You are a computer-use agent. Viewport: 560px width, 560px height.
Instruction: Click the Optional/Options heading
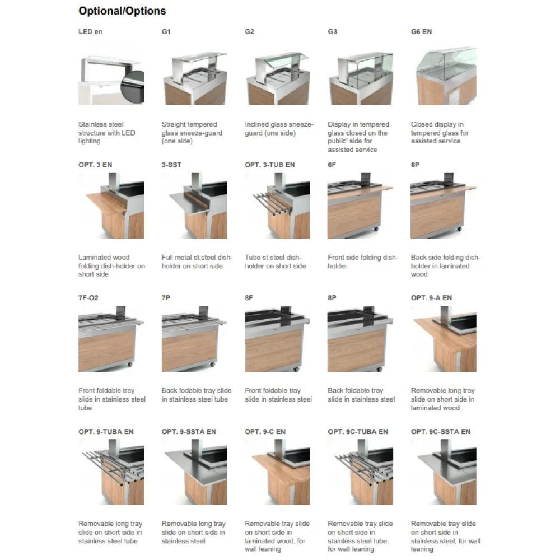[122, 11]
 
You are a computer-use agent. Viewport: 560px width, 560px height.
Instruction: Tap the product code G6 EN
[421, 32]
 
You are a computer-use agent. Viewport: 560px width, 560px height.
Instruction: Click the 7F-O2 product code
[88, 298]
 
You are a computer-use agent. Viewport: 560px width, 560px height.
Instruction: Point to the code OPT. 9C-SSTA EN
[440, 432]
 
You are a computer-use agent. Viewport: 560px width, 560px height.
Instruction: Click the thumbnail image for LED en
[111, 76]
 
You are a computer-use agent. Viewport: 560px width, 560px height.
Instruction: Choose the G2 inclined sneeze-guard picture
[277, 76]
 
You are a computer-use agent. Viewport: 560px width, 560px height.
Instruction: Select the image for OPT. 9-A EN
[443, 338]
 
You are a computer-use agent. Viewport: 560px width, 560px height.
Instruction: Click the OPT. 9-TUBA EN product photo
[111, 472]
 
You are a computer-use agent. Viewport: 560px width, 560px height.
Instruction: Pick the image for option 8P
[360, 338]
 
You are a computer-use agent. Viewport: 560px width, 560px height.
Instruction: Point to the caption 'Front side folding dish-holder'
[362, 262]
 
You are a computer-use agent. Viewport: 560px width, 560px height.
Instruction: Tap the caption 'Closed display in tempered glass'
[440, 133]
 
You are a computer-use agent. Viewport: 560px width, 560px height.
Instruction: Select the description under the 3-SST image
[197, 262]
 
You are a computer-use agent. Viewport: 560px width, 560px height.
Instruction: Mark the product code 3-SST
[171, 165]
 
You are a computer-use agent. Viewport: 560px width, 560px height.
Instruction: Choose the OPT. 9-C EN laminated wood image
[277, 472]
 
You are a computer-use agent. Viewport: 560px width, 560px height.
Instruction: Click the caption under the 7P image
[196, 395]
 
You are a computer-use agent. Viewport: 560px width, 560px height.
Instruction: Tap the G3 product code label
[333, 32]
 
